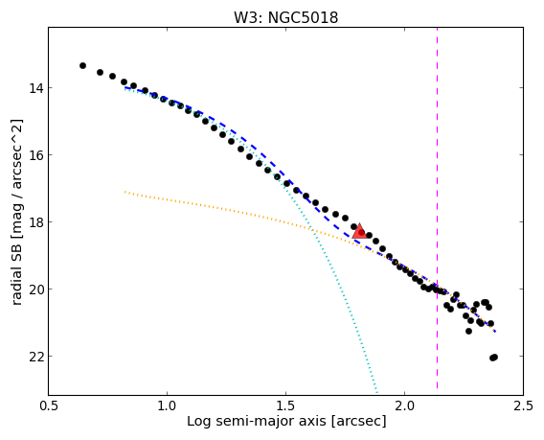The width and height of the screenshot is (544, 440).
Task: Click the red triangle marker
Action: [359, 232]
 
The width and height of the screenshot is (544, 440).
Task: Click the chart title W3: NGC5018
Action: [285, 17]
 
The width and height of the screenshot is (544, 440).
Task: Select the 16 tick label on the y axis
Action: [36, 155]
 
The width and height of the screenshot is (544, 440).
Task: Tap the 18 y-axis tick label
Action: [36, 222]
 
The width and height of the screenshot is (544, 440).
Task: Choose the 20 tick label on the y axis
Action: [36, 289]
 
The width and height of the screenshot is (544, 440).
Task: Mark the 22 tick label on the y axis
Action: [36, 357]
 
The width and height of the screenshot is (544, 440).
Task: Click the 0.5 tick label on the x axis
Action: [49, 405]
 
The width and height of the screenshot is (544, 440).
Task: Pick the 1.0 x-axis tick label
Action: [168, 405]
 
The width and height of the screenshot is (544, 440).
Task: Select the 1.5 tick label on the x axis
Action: [285, 405]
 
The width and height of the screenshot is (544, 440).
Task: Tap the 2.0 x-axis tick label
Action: [404, 405]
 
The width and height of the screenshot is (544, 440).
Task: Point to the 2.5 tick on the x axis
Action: [523, 405]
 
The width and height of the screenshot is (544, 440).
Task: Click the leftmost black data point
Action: [82, 65]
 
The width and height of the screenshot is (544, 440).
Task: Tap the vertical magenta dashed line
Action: [437, 208]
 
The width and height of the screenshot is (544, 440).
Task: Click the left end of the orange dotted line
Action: [125, 192]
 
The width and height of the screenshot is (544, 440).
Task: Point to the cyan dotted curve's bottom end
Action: [377, 393]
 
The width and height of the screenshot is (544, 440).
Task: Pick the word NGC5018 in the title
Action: [304, 17]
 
